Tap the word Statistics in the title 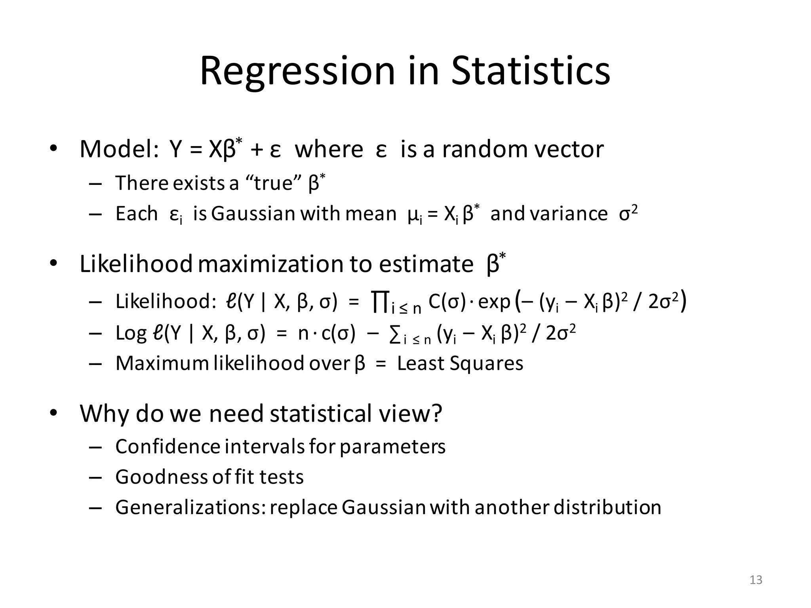(x=531, y=71)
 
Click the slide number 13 (x=756, y=580)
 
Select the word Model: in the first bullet (x=119, y=150)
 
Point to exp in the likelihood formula (x=494, y=302)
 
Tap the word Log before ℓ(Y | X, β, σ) (x=131, y=334)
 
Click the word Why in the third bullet (x=104, y=413)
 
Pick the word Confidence (x=168, y=446)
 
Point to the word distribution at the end (x=607, y=507)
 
